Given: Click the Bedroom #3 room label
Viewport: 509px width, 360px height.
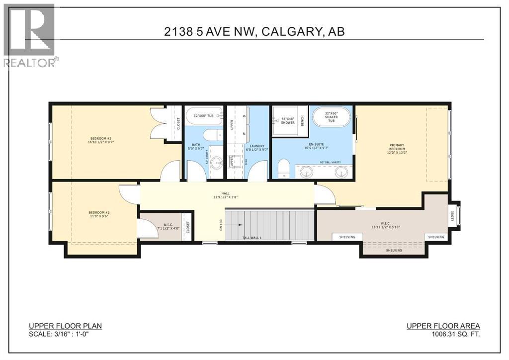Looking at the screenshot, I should click(101, 140).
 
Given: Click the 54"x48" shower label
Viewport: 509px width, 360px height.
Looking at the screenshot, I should click(288, 121).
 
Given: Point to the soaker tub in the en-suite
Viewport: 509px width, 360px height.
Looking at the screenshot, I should click(331, 119).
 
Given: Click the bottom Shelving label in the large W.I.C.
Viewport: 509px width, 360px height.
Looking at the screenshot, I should click(394, 250).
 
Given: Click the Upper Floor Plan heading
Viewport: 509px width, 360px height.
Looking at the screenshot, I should click(65, 326).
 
